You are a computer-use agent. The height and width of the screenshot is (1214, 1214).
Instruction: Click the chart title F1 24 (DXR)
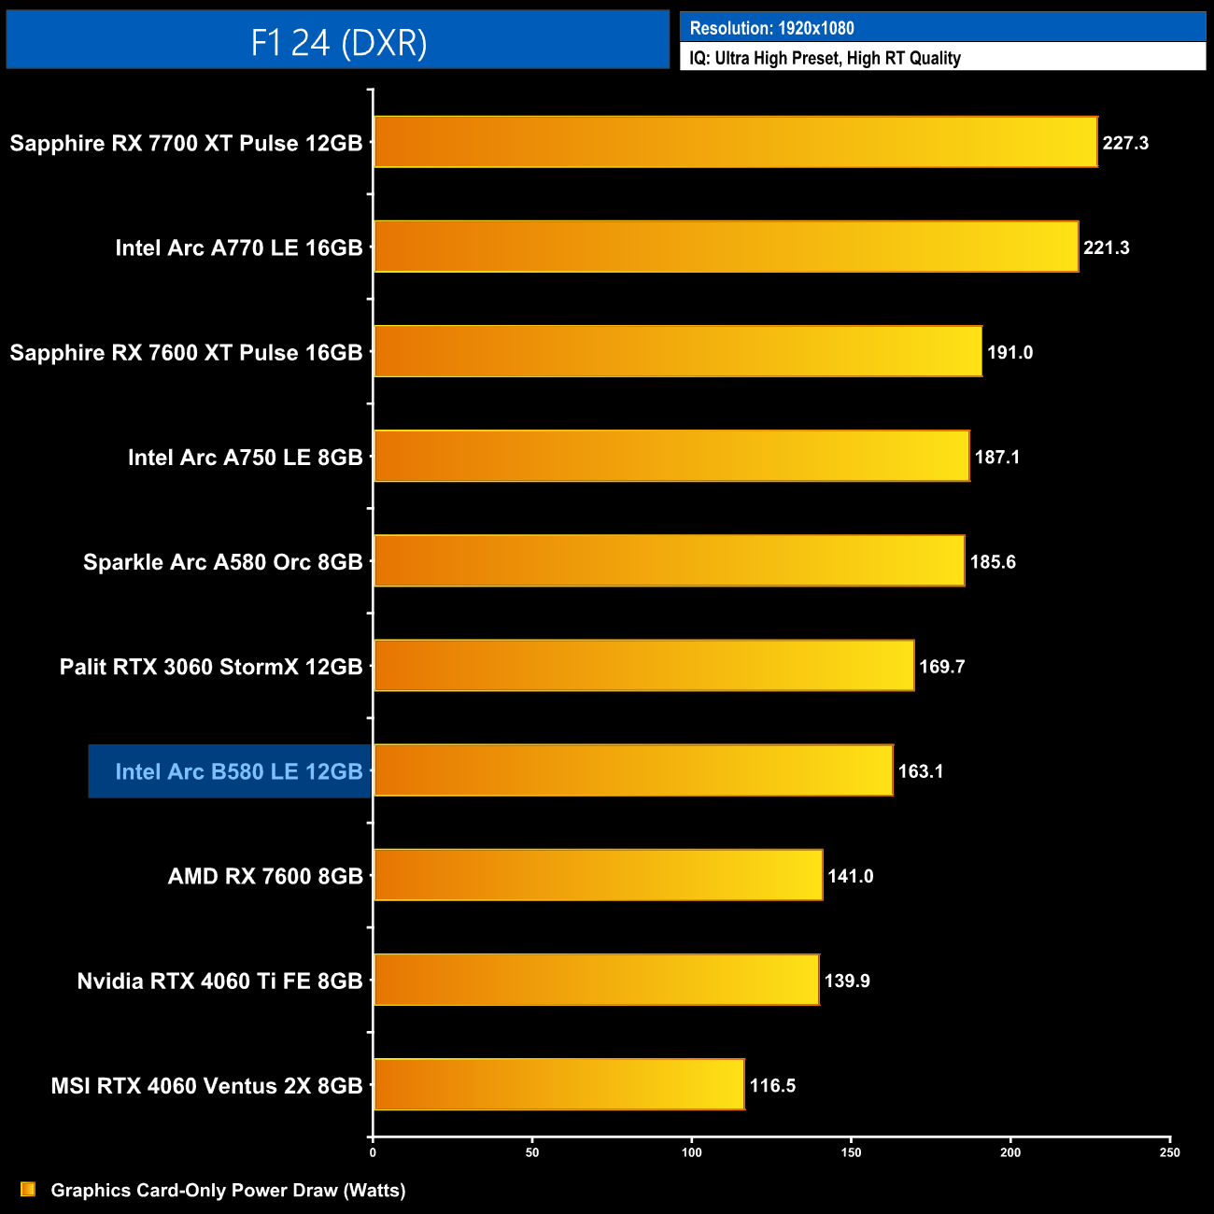tap(338, 42)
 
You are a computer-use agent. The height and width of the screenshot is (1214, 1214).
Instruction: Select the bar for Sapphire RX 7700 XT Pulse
tap(735, 142)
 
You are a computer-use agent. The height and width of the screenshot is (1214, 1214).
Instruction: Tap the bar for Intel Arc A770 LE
tap(726, 247)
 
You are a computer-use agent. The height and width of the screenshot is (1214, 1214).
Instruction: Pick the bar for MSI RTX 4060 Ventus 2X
tap(558, 1084)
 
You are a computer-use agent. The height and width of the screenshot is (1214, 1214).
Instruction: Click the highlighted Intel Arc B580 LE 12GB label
tap(238, 771)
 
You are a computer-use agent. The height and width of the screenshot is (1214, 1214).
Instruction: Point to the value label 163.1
tap(921, 771)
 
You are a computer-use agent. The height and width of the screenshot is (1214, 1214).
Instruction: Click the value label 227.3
tap(1125, 143)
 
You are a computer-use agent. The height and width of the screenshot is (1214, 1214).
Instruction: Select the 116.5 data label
tap(772, 1085)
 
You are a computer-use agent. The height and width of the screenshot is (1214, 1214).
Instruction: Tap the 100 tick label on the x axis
tap(692, 1152)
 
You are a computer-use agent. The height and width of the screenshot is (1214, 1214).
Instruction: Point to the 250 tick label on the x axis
tap(1170, 1152)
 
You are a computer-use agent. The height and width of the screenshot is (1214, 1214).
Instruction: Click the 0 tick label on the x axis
tap(373, 1152)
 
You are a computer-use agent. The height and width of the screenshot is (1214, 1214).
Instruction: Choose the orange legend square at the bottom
tap(28, 1189)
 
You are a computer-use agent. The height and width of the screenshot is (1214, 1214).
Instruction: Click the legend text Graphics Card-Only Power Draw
tap(228, 1190)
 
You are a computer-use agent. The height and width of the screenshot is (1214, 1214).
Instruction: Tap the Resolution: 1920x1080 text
tap(771, 28)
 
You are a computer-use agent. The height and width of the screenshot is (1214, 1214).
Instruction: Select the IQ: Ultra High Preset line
tap(825, 58)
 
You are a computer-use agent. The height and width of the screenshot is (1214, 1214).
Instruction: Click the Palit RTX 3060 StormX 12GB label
tap(211, 667)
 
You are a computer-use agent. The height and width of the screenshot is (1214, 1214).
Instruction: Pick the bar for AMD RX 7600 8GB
tap(598, 875)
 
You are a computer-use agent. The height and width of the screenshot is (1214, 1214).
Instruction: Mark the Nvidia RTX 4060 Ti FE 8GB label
tap(219, 981)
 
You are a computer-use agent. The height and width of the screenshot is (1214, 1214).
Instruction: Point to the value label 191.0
tap(1009, 352)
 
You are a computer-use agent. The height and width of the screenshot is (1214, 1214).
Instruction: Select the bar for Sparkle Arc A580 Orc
tap(669, 560)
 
